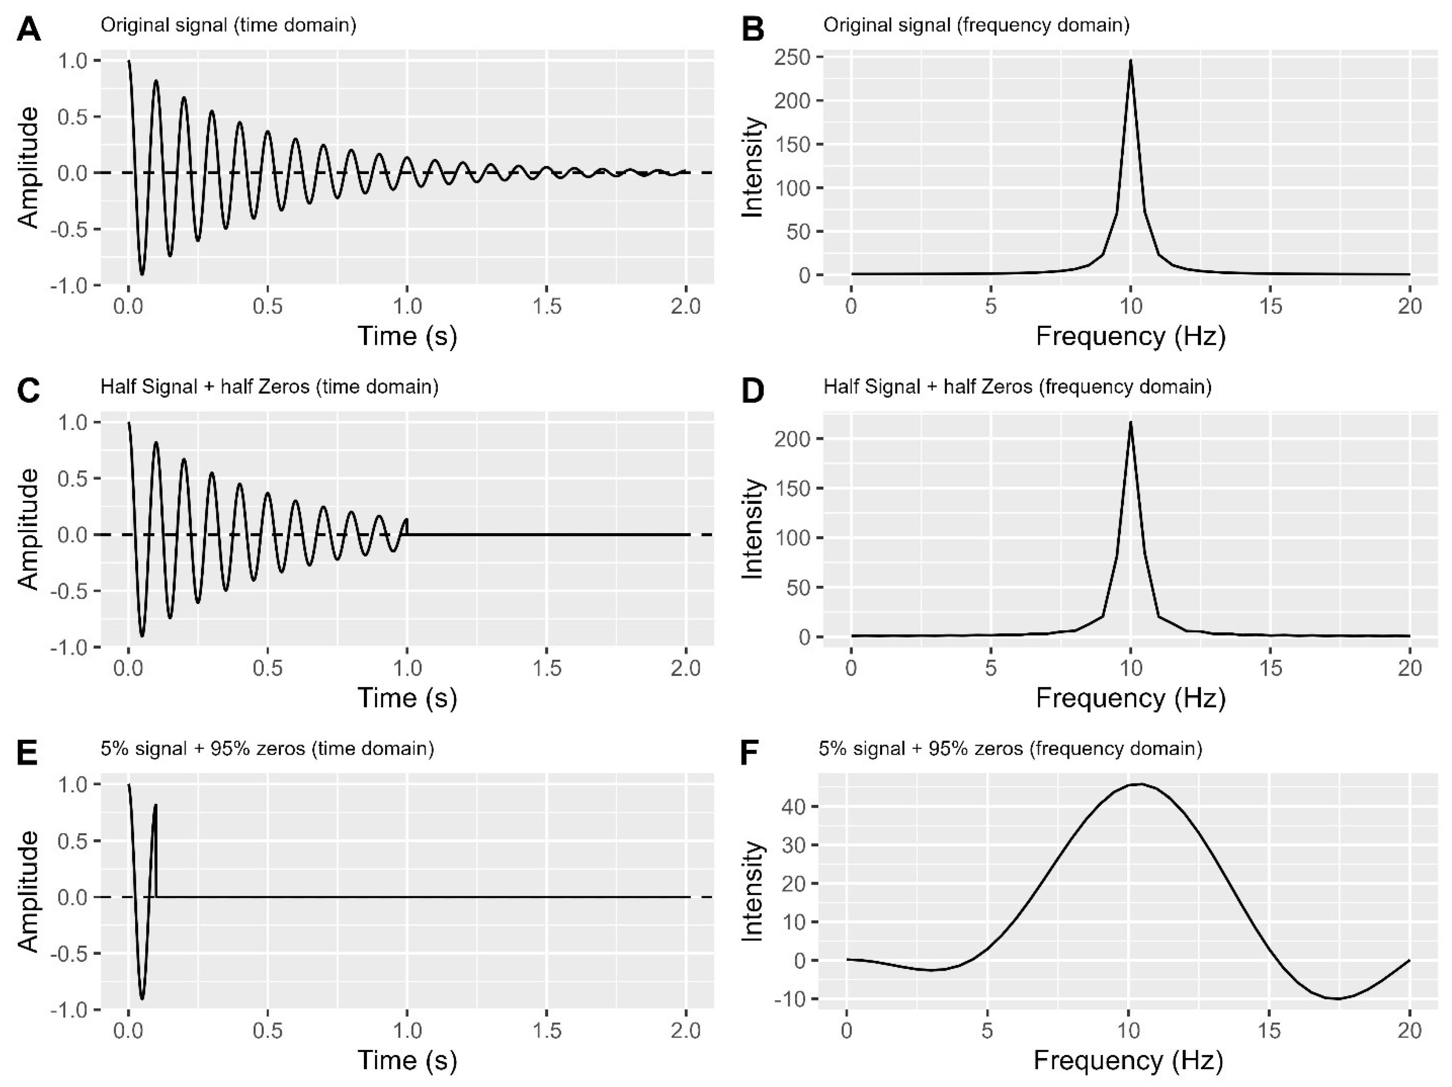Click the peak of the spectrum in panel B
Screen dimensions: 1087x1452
pos(1130,61)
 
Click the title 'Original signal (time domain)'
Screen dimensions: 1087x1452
pos(228,26)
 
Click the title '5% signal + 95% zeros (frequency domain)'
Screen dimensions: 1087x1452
pos(1010,748)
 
